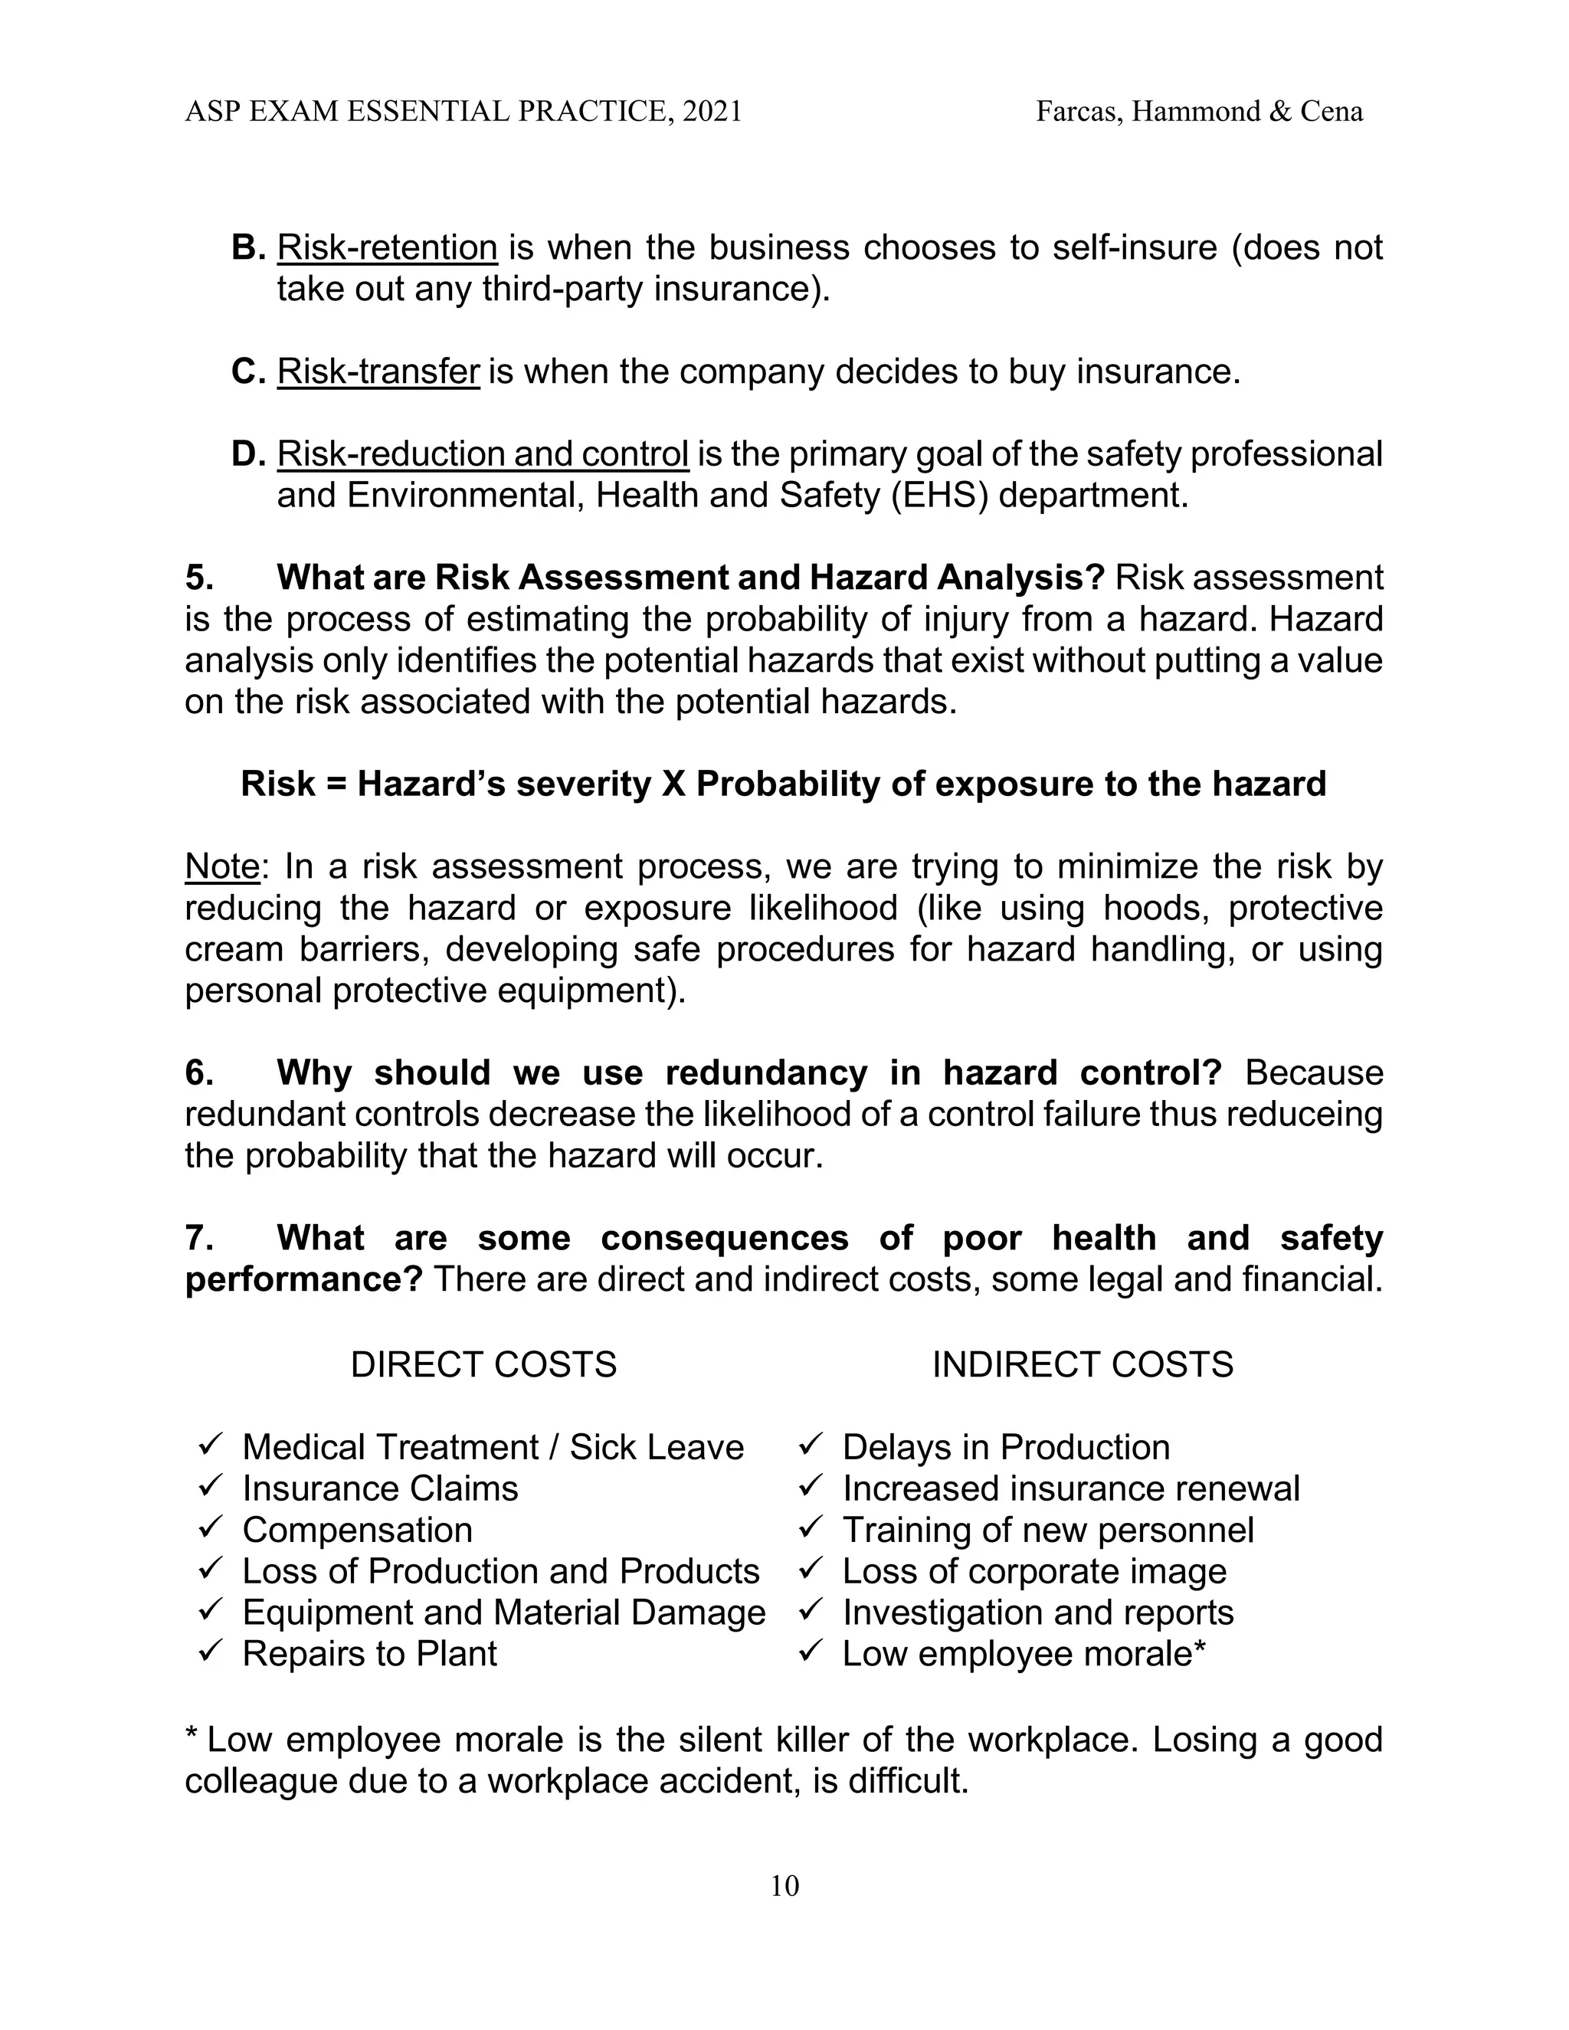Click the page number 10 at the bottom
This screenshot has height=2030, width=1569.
click(x=784, y=1886)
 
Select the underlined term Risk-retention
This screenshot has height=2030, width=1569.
click(x=387, y=248)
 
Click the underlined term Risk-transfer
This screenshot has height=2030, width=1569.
click(x=378, y=372)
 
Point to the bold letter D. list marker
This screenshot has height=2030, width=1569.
click(x=248, y=454)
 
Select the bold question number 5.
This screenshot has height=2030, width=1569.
click(x=199, y=578)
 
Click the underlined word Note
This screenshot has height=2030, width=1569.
click(x=221, y=867)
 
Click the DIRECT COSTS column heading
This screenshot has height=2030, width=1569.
click(x=483, y=1364)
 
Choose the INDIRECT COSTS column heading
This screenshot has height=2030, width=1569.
click(x=1082, y=1364)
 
